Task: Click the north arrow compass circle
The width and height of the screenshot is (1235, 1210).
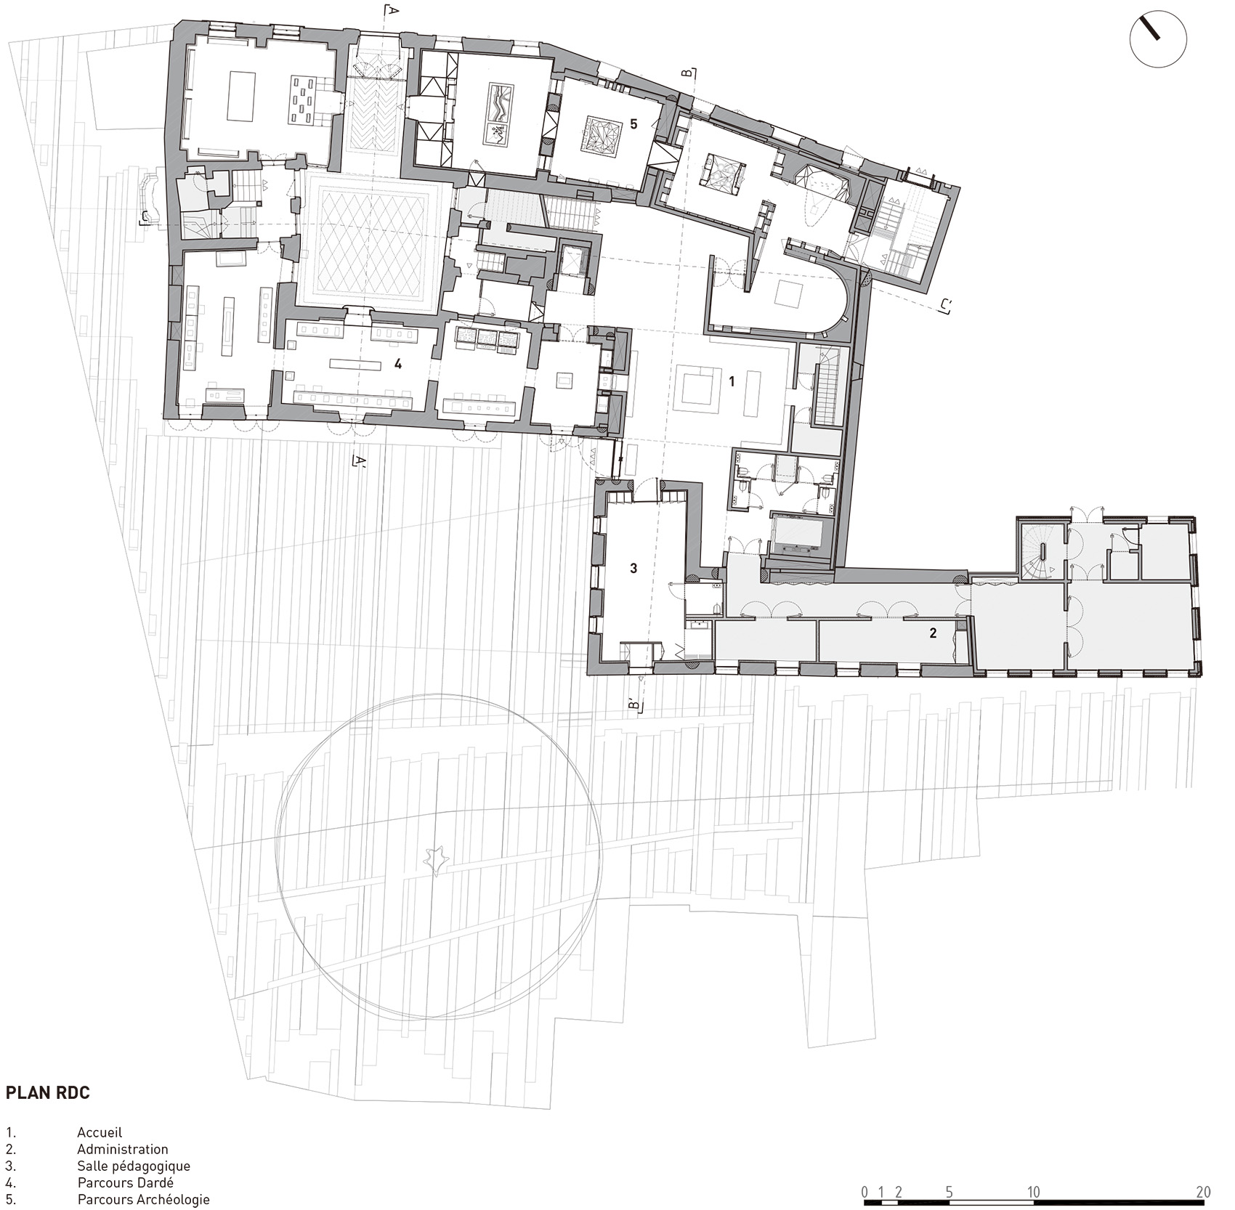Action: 1158,41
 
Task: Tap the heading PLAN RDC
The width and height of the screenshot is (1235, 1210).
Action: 48,1093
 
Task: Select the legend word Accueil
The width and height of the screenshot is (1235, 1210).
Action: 100,1132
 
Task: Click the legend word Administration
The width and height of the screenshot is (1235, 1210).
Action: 123,1149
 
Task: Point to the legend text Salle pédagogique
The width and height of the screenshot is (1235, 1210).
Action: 134,1166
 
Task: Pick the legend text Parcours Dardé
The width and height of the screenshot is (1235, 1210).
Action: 126,1182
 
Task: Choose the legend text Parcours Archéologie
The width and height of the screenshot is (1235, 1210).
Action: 144,1200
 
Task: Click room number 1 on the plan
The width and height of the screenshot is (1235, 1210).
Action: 732,381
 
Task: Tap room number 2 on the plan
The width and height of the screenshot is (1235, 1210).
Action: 933,633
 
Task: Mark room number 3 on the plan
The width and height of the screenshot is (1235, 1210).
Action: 633,568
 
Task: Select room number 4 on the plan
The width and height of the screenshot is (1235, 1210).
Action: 398,365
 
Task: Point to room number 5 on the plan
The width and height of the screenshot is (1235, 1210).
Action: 633,124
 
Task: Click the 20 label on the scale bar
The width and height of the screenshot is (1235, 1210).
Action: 1204,1192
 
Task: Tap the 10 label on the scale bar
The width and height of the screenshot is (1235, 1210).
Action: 1033,1192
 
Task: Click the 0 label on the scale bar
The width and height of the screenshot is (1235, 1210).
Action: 864,1192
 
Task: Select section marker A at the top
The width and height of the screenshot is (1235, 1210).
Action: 391,11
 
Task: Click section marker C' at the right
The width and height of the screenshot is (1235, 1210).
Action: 945,306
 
